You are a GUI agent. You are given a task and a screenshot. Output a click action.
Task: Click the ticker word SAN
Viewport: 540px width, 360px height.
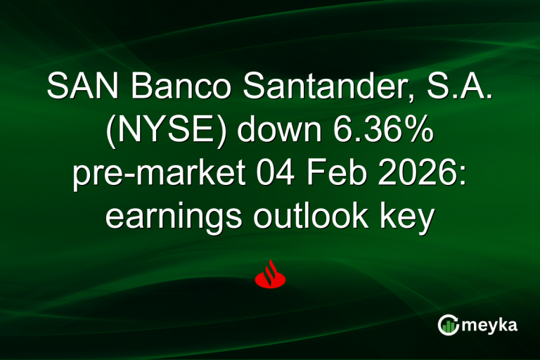[x=78, y=86]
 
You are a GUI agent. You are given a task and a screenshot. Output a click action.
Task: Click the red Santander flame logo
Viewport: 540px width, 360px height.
[x=269, y=274]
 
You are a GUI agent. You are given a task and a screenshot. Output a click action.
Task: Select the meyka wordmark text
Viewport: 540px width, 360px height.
[x=488, y=325]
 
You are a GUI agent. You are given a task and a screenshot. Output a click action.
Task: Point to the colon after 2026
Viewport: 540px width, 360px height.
[x=463, y=176]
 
